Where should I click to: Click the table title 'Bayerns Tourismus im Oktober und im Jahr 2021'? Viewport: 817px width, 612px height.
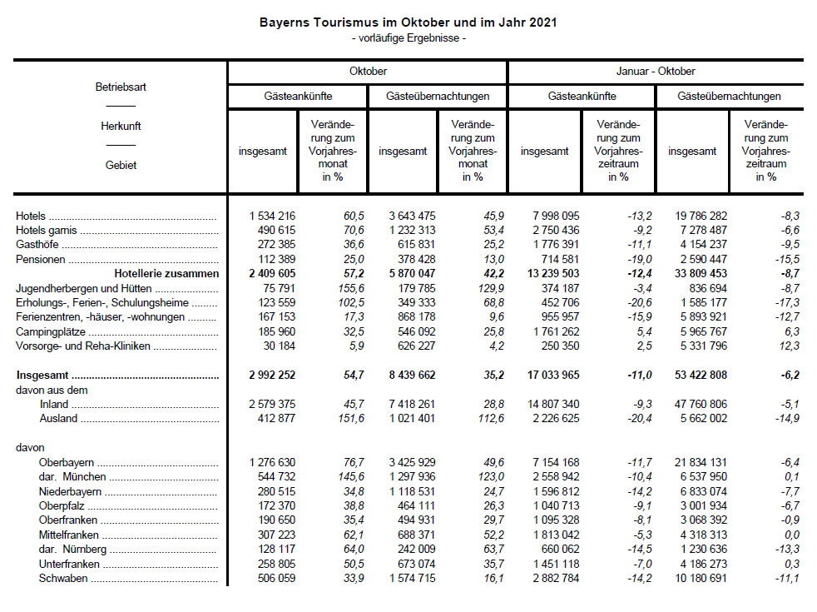pos(408,22)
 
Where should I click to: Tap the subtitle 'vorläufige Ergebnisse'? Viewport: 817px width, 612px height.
pos(408,38)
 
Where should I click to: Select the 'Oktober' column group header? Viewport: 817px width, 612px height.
pos(368,72)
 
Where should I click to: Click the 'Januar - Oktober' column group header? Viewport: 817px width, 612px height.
pos(656,72)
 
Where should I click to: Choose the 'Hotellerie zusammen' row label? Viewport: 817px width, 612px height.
pos(166,273)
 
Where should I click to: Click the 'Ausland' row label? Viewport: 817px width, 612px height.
pos(57,419)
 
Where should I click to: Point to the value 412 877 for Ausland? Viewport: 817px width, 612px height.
pos(272,419)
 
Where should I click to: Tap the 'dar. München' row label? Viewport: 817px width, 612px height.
pos(72,477)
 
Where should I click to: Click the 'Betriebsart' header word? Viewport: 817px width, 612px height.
pos(121,87)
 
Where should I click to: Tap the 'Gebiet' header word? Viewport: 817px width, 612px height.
pos(121,165)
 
